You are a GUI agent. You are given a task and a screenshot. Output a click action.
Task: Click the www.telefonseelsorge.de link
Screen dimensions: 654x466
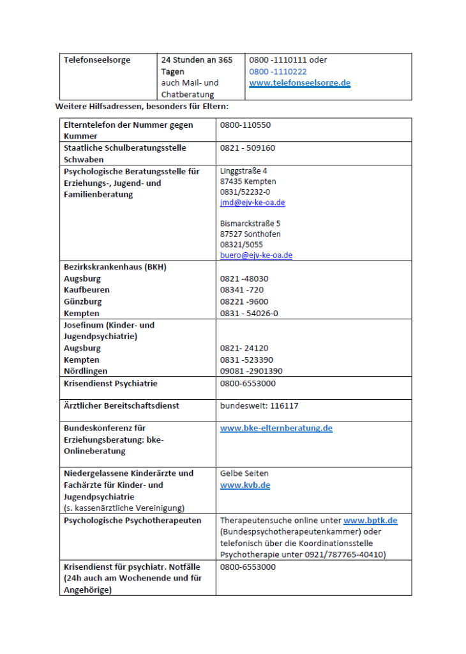[299, 83]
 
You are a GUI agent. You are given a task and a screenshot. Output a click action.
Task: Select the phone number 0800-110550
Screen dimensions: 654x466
[245, 125]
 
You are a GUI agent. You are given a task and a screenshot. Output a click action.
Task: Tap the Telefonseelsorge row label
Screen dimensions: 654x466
[97, 60]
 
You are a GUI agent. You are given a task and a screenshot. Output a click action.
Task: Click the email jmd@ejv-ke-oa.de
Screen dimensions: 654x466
[252, 202]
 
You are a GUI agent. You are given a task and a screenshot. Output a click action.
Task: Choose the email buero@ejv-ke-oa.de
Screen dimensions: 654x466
[256, 255]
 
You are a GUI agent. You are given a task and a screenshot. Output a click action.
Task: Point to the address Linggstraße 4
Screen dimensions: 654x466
[244, 171]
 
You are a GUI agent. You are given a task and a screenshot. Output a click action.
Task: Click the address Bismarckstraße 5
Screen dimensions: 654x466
[250, 224]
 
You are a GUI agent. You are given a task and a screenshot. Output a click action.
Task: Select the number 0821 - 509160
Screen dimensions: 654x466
[248, 148]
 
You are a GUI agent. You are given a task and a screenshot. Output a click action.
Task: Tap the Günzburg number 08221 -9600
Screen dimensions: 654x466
[244, 301]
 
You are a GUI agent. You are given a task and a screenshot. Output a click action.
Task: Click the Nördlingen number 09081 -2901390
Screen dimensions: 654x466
[251, 371]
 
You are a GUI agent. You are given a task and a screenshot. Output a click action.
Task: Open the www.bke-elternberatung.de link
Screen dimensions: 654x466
[276, 428]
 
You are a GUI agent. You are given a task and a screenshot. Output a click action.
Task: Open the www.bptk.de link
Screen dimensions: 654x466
[370, 521]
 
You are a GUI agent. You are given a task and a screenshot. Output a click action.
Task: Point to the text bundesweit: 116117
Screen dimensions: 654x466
[259, 406]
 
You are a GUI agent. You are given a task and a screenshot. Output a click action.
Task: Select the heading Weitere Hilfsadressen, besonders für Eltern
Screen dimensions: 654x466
[141, 106]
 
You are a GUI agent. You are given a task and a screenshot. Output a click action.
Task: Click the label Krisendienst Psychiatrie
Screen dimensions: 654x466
[110, 384]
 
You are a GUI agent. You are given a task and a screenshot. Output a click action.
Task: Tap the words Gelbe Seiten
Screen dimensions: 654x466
[244, 473]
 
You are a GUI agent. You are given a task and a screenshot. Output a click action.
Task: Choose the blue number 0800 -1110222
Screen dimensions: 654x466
[278, 72]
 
